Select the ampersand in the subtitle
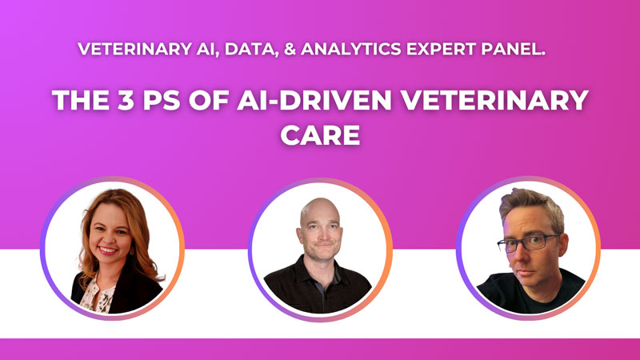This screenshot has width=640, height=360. tap(290, 49)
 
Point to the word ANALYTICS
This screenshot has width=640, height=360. tap(351, 49)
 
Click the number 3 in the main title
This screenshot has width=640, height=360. tap(126, 100)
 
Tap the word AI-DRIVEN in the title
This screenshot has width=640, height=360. tap(314, 100)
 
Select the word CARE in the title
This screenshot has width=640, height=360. tap(321, 135)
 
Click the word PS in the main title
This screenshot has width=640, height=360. tap(162, 100)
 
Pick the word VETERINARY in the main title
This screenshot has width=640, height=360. tap(494, 100)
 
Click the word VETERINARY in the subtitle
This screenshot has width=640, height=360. tap(134, 49)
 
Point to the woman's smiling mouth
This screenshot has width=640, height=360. tap(108, 249)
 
